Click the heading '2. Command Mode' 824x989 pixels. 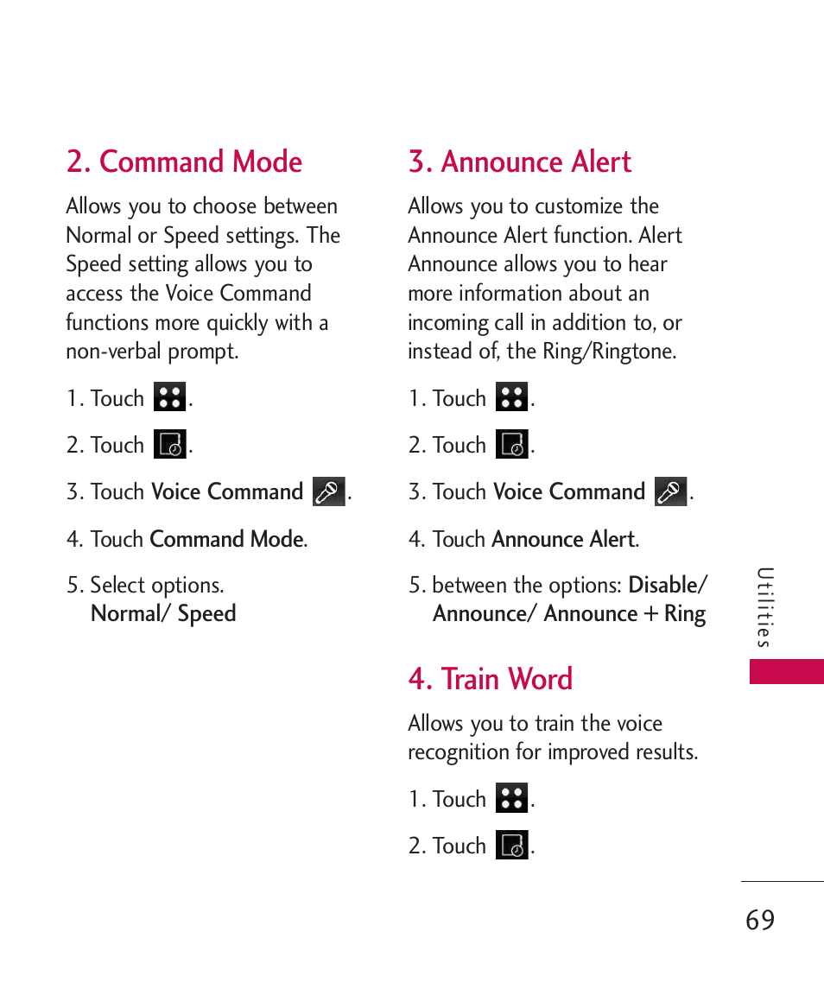[184, 162]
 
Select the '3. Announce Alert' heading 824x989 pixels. [520, 162]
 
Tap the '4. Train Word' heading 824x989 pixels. [491, 679]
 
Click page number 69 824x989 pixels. [760, 920]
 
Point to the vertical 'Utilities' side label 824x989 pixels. [764, 607]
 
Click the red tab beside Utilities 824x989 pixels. [786, 671]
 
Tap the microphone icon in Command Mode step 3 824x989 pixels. [329, 491]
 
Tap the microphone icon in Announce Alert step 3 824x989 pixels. [671, 491]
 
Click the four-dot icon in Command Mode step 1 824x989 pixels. [170, 397]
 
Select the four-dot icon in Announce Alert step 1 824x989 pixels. [512, 397]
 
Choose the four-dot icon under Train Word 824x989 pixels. [512, 798]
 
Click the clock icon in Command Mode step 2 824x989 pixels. [170, 445]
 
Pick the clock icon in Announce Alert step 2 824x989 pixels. [512, 445]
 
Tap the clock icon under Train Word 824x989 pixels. [512, 845]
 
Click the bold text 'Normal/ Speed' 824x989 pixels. [163, 614]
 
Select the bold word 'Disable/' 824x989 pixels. [668, 585]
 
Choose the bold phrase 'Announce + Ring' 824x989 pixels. [624, 614]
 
